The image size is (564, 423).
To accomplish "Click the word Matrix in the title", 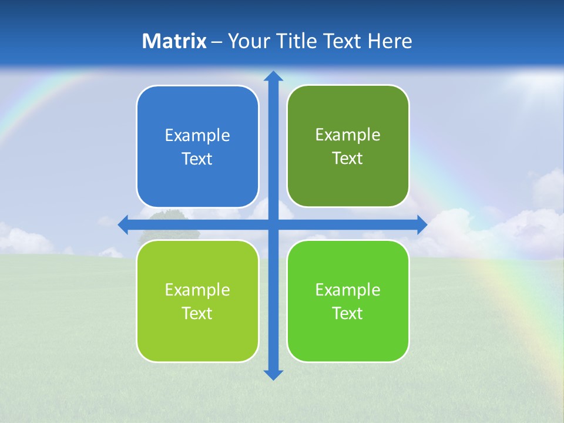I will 174,41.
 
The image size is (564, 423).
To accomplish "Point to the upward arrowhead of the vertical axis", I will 273,76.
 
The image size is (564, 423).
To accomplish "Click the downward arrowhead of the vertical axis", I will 273,374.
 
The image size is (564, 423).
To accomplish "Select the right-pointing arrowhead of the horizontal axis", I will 422,224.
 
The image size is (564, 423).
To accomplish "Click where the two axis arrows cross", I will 273,224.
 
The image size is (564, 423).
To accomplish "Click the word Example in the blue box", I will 197,136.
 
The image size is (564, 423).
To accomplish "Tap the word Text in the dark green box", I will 347,158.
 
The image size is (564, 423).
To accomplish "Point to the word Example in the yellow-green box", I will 197,290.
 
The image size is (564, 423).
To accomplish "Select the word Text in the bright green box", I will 347,313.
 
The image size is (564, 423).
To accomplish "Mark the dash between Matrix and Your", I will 217,42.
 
